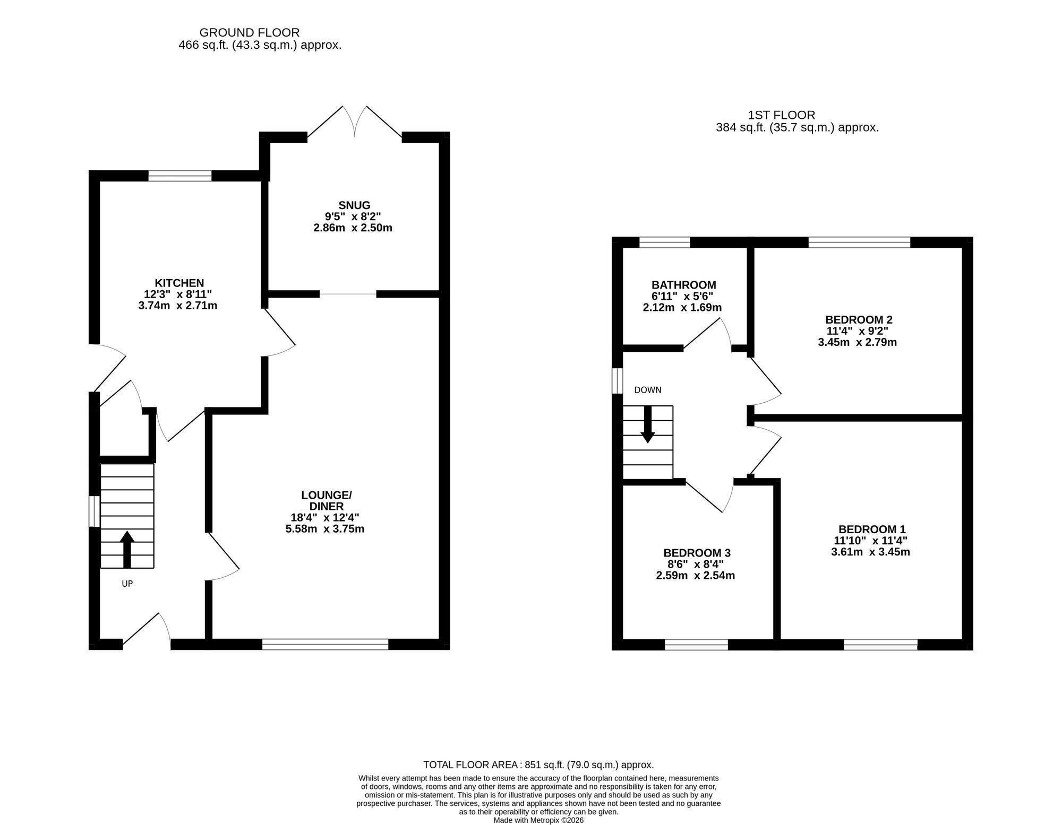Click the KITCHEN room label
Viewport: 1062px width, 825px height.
pos(179,283)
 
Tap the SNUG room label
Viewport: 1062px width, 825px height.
pos(354,205)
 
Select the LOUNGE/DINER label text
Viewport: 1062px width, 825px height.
pos(326,501)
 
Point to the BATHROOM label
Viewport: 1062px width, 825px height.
pos(684,285)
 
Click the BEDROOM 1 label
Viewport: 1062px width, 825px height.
pos(872,529)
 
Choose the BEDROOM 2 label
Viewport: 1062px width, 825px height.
pos(859,319)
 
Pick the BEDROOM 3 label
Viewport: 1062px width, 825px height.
pos(697,553)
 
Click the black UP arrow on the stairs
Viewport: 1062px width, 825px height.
pos(126,550)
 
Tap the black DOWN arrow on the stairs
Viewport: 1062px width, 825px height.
pos(648,425)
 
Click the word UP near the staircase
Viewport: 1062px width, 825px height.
pos(127,584)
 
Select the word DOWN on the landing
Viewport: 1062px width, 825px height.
pos(648,390)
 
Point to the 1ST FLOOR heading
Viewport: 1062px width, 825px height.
pos(781,115)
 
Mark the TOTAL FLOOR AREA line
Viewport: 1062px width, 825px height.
pos(538,765)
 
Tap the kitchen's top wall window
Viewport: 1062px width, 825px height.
pos(180,176)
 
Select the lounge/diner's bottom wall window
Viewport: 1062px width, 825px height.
pos(326,644)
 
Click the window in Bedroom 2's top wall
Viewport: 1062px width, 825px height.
pos(859,242)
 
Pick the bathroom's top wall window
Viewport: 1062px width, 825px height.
pos(664,242)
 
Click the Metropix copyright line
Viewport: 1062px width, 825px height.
pos(538,820)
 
